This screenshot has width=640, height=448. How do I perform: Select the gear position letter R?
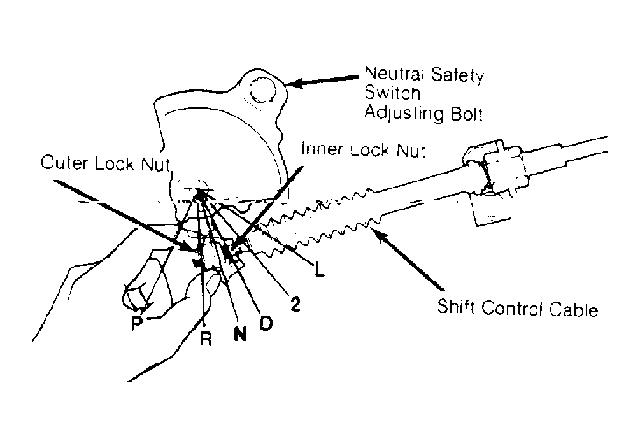(x=206, y=339)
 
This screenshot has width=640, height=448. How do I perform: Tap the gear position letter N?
(x=240, y=334)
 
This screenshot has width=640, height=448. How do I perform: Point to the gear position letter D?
(x=266, y=324)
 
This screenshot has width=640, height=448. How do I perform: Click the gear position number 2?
(x=295, y=304)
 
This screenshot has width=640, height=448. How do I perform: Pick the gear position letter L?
(x=320, y=270)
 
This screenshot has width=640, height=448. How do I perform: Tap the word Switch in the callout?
(x=392, y=93)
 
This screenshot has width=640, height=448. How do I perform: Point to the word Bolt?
(x=466, y=114)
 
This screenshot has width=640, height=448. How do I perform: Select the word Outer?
(x=64, y=163)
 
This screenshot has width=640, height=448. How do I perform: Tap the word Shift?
(x=456, y=306)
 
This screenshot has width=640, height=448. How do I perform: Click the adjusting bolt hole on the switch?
(x=264, y=91)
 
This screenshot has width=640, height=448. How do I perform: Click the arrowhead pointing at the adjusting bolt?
(x=295, y=83)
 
